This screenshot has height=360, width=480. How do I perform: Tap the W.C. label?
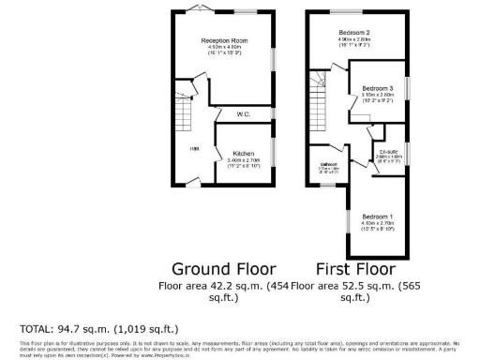pos(242,114)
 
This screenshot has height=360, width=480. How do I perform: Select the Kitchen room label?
pos(244,153)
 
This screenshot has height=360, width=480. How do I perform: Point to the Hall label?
pos(194,148)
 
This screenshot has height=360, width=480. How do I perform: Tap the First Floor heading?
pos(353,266)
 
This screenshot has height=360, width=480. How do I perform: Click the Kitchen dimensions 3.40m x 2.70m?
pos(244,160)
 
